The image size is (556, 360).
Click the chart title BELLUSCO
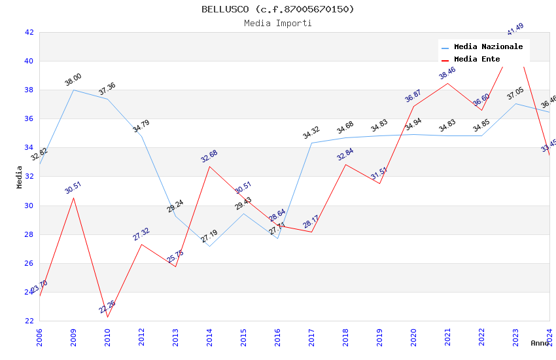tap(278, 9)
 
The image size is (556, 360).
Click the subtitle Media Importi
tap(278, 23)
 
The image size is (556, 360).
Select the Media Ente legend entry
tap(477, 59)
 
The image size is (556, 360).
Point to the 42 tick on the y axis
tap(29, 32)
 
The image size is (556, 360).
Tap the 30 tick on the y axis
tap(29, 206)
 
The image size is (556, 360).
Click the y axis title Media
tap(20, 177)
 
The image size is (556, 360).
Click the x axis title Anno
tap(540, 343)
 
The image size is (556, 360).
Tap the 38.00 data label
tap(73, 80)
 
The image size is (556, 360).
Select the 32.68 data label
tap(209, 156)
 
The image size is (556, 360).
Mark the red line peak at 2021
tap(447, 83)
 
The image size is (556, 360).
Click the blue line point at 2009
tap(73, 90)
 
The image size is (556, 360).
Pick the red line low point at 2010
tap(107, 317)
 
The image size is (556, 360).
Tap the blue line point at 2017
tap(311, 143)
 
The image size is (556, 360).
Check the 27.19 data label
tap(209, 236)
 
